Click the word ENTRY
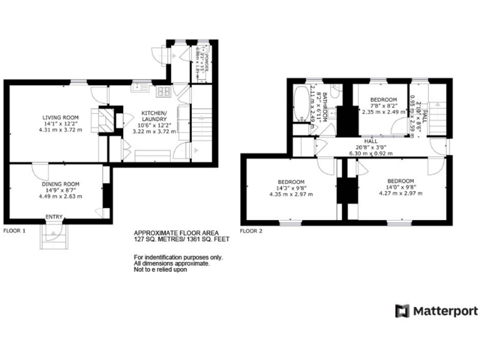[53, 217]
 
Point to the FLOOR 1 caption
[15, 231]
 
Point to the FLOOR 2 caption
[252, 231]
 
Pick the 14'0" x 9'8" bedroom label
[401, 187]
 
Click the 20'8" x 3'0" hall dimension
[371, 147]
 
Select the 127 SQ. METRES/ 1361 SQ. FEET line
[182, 239]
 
